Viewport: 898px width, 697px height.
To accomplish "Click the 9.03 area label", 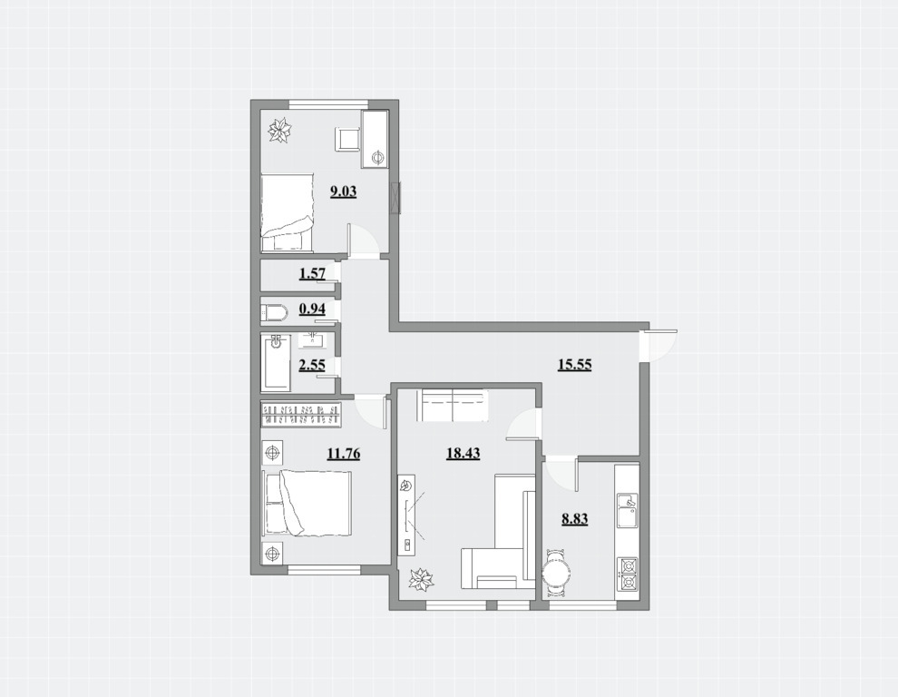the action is click(x=343, y=191).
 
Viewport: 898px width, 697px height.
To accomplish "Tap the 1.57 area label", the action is click(x=312, y=273).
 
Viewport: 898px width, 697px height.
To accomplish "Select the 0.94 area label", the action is click(x=312, y=309).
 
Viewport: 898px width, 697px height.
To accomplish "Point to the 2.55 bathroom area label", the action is click(x=312, y=365).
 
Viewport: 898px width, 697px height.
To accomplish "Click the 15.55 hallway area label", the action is click(x=574, y=364).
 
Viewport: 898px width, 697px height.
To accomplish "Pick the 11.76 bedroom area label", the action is click(x=344, y=454).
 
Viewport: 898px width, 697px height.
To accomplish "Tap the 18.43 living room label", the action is click(x=463, y=454).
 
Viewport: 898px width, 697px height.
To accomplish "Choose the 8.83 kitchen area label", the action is click(x=574, y=519).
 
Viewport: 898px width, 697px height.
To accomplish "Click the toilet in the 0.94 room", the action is click(x=273, y=312).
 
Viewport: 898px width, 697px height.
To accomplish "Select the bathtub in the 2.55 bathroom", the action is click(x=276, y=363).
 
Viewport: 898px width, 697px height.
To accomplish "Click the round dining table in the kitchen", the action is click(x=556, y=573).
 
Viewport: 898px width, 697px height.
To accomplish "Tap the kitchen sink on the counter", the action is click(x=629, y=511).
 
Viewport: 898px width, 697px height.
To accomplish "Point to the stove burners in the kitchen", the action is click(x=629, y=574).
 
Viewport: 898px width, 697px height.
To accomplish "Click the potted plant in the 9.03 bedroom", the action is click(x=280, y=131).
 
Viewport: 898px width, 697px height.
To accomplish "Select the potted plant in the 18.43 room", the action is click(x=422, y=579).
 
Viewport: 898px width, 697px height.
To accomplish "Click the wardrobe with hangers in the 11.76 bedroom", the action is click(x=302, y=415).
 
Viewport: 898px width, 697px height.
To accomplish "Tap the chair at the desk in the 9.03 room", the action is click(x=347, y=139).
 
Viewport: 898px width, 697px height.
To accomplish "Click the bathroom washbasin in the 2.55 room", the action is click(x=313, y=340).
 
